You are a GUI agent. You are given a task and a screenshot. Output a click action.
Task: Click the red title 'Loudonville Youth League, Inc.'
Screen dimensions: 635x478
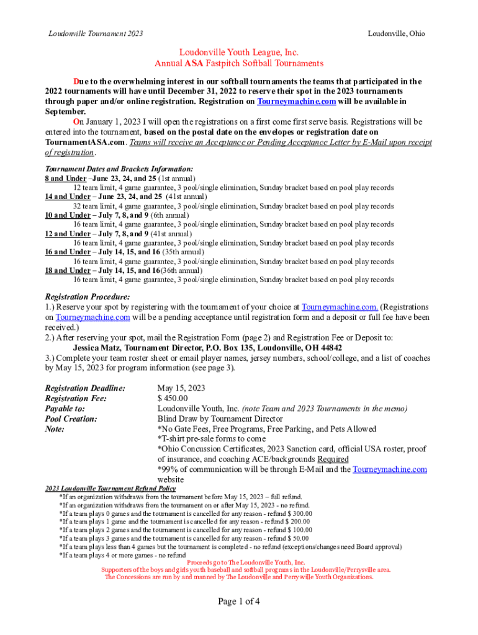point(239,53)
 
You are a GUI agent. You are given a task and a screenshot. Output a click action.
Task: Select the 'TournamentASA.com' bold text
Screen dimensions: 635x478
point(85,142)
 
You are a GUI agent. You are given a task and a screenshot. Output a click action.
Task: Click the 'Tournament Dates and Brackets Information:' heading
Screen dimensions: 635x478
point(119,169)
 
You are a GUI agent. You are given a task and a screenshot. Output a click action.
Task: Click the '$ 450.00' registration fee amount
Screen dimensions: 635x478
point(173,398)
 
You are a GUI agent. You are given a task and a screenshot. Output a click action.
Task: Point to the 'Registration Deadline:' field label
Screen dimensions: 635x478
point(85,388)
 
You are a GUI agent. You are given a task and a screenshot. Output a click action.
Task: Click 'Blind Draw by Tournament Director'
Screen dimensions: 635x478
point(219,419)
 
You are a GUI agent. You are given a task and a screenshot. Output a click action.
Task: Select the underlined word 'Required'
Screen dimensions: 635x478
point(333,460)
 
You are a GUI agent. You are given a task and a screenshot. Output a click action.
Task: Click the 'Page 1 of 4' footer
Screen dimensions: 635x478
point(239,601)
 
